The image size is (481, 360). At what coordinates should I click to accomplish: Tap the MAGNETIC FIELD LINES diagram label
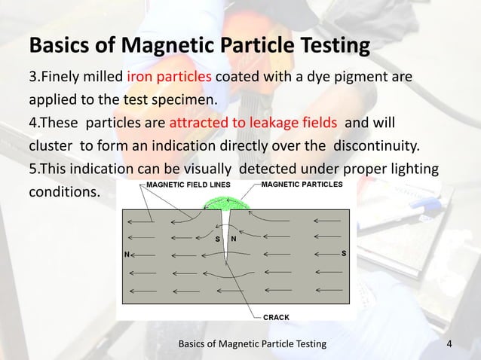pos(192,185)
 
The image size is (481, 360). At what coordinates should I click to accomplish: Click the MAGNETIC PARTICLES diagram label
pos(302,184)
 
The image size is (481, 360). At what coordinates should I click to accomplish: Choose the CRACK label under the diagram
pos(275,317)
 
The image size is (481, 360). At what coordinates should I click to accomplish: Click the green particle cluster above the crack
pos(225,202)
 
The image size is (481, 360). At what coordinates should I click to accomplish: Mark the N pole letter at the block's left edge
pos(126,255)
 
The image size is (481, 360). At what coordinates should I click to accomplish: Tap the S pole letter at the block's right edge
pos(344,253)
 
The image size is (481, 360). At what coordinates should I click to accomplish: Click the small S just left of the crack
pos(217,239)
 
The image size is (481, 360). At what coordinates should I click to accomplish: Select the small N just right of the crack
pos(234,239)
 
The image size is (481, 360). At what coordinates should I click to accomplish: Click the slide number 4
pos(450,344)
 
